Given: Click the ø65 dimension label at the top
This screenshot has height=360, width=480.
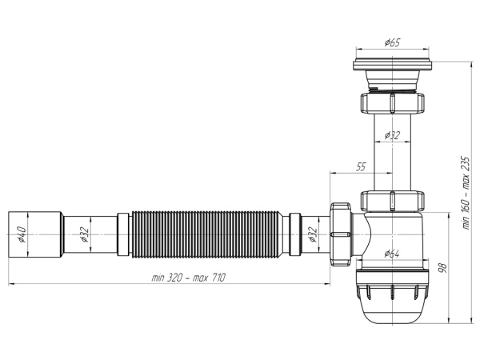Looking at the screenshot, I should [392, 42].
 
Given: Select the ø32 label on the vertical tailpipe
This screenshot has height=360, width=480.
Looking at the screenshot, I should [393, 135].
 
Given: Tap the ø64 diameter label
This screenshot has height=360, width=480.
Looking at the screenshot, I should [392, 254].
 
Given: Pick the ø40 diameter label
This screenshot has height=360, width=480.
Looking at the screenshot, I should [21, 235].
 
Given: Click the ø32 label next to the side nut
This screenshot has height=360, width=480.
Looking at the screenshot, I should [314, 235].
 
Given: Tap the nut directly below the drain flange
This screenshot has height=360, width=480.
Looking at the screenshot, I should [392, 102].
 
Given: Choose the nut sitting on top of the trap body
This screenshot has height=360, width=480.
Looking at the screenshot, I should [392, 201].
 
